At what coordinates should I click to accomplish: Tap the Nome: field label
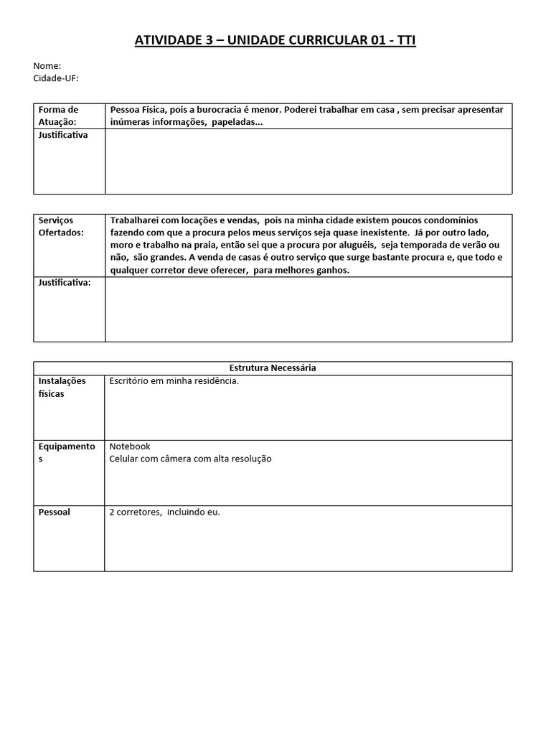(47, 66)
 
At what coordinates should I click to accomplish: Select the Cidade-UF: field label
(56, 78)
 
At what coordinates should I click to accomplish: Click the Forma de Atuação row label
(60, 116)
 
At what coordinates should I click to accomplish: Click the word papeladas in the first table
(237, 123)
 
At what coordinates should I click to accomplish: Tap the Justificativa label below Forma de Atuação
(63, 135)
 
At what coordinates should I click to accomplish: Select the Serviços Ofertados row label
(61, 226)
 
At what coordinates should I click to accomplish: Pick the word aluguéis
(352, 245)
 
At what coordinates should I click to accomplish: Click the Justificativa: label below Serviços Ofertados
(65, 284)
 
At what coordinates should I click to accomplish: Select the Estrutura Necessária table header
(273, 367)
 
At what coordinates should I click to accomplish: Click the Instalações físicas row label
(62, 387)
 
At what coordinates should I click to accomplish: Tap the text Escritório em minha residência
(174, 380)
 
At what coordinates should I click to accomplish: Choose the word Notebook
(130, 446)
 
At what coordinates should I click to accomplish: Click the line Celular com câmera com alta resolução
(190, 459)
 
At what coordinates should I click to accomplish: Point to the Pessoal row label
(55, 512)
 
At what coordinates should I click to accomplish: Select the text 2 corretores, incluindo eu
(165, 512)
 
